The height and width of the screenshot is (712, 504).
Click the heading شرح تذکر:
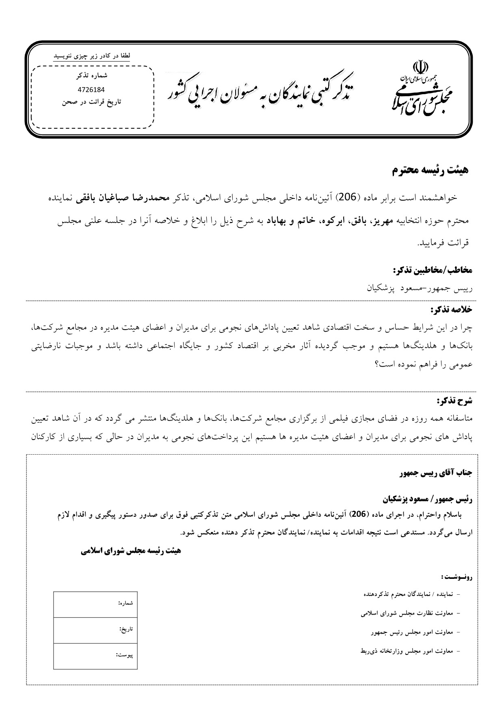[x=454, y=401]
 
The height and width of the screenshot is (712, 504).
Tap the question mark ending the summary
[x=377, y=365]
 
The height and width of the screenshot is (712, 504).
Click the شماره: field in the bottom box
[x=95, y=604]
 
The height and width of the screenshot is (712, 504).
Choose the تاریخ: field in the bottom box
[x=95, y=630]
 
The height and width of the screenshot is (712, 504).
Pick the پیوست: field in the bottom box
[x=95, y=656]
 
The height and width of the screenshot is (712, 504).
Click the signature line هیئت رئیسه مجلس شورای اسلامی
[x=131, y=551]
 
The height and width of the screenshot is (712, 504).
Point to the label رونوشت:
[x=456, y=576]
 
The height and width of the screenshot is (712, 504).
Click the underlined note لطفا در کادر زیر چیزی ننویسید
[x=92, y=56]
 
